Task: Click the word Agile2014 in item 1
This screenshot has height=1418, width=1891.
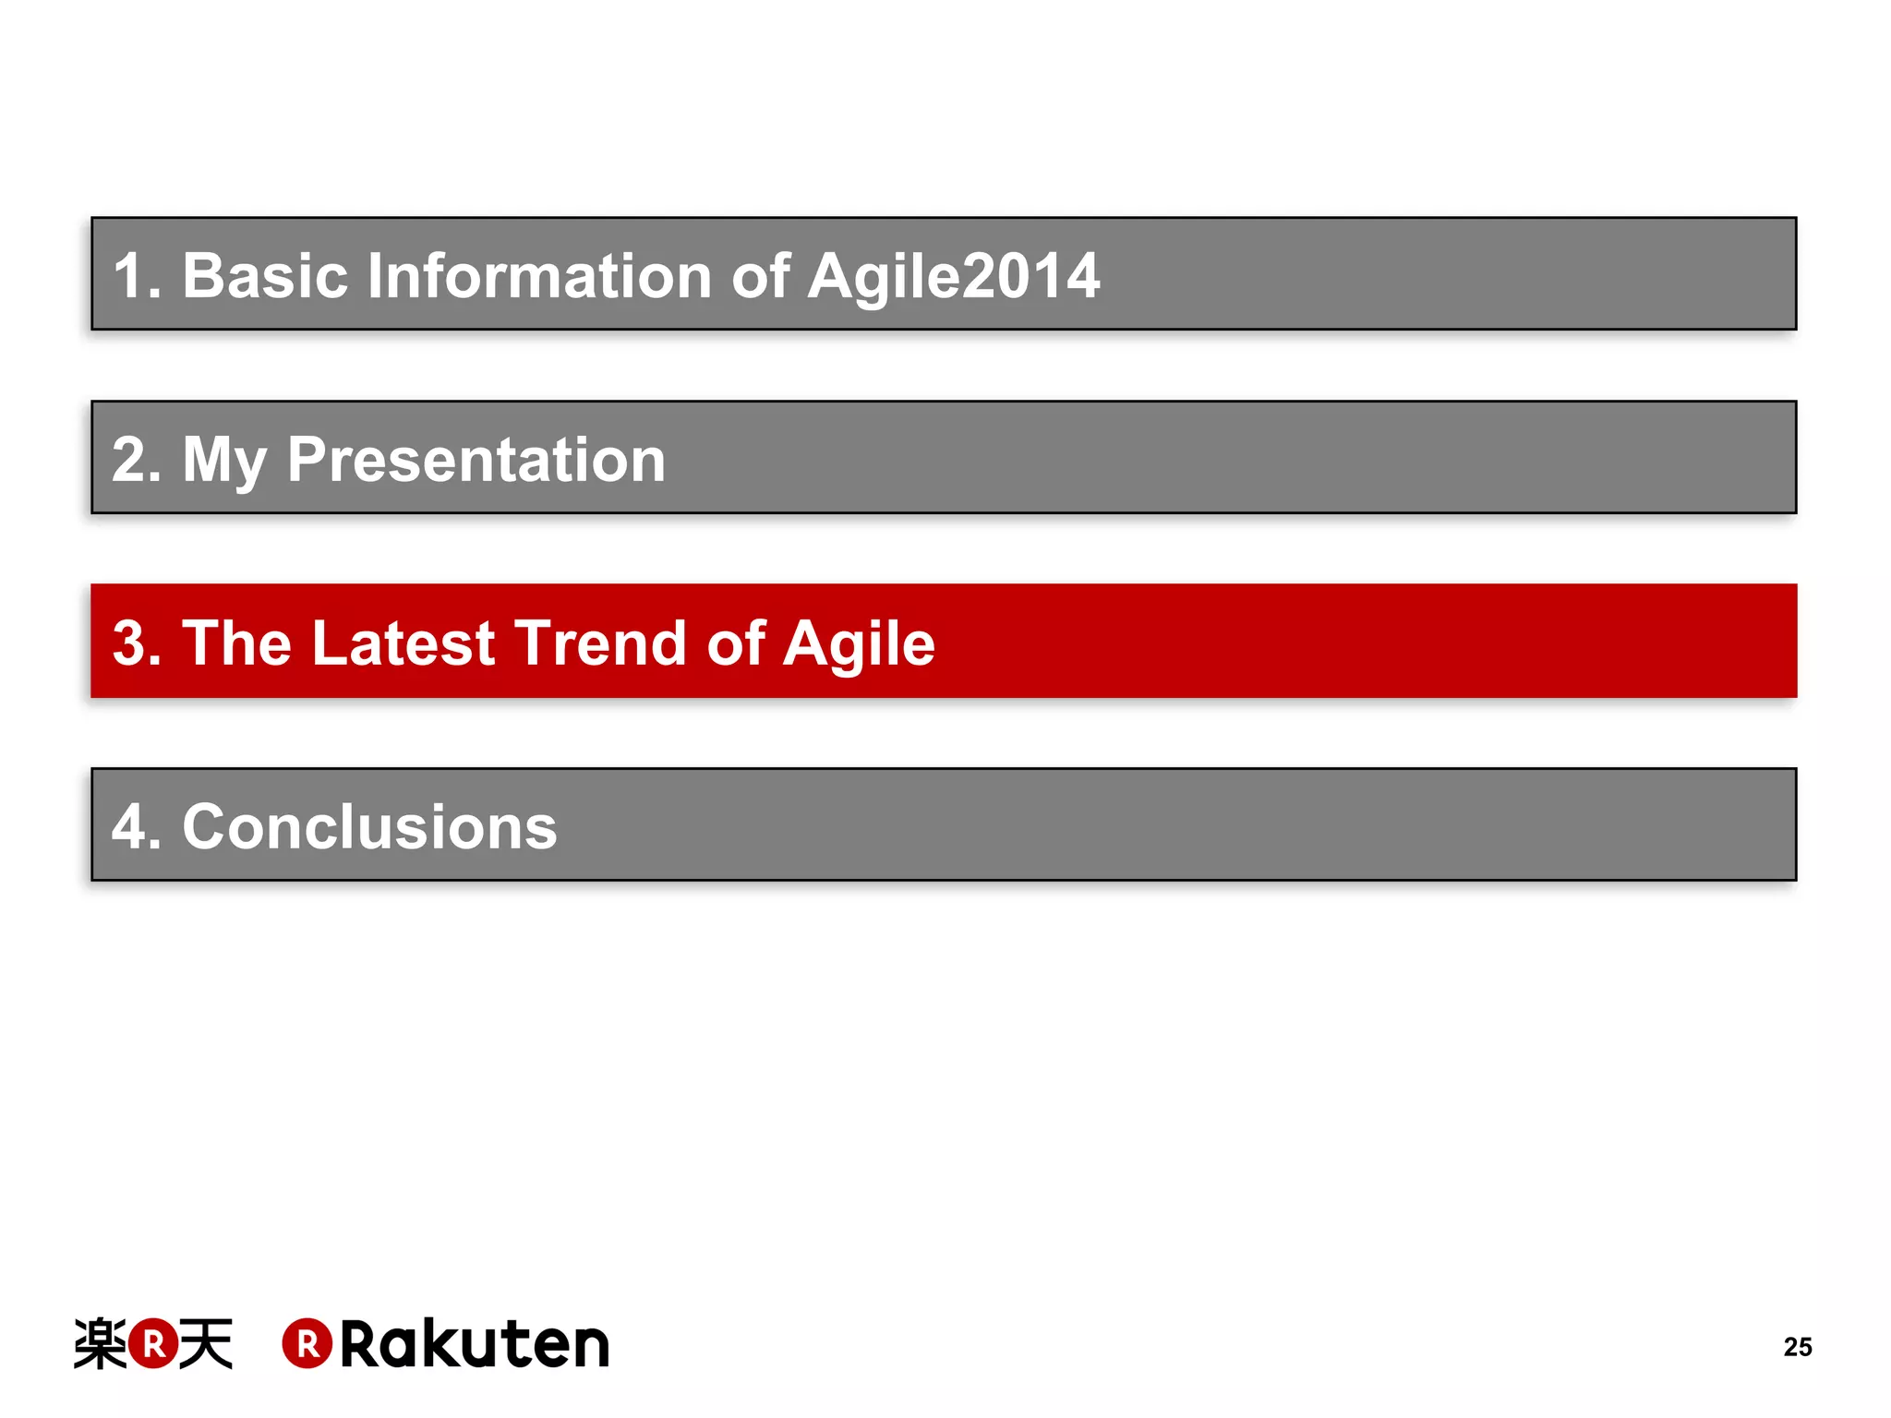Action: point(953,275)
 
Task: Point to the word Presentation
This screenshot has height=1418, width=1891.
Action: point(476,459)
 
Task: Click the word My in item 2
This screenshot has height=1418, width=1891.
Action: point(224,459)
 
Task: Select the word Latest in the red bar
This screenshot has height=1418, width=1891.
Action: point(403,643)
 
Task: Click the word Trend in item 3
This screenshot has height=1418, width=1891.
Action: point(600,643)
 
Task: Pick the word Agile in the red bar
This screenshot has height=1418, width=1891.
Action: point(859,643)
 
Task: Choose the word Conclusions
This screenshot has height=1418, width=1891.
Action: point(369,826)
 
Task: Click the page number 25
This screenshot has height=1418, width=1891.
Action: point(1797,1347)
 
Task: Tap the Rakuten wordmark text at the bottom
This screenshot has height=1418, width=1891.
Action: point(475,1344)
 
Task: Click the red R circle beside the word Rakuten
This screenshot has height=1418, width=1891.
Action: point(307,1343)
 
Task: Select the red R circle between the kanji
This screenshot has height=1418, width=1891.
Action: point(153,1343)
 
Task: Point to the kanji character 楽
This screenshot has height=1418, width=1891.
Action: point(100,1343)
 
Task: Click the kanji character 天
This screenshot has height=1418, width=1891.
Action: point(205,1343)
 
